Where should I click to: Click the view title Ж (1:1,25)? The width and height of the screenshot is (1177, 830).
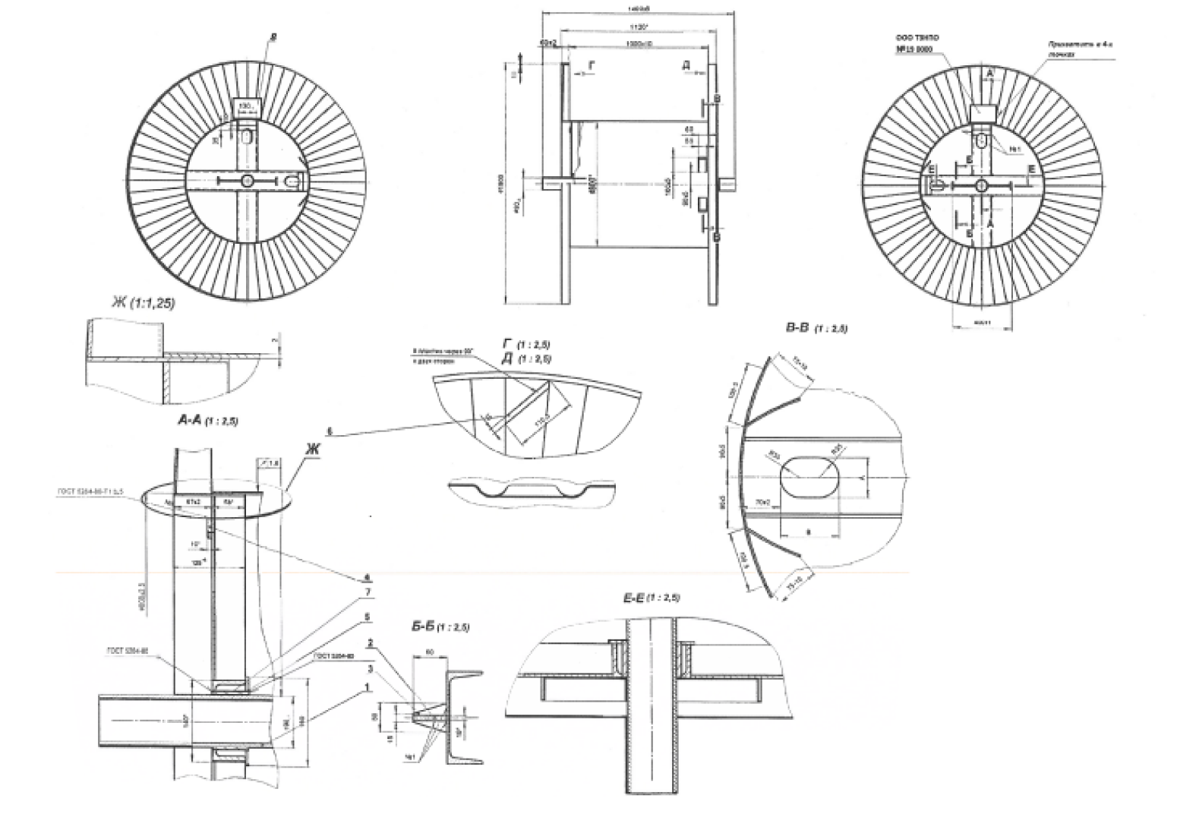pos(143,303)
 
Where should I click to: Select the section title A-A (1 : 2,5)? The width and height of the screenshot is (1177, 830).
pos(207,419)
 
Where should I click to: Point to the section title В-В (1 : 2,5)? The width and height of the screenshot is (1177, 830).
pos(816,328)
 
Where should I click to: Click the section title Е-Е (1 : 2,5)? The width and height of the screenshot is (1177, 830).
pos(651,598)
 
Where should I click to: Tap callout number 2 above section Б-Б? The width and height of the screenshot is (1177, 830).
pos(369,643)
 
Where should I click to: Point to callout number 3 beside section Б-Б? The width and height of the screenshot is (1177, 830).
pos(370,669)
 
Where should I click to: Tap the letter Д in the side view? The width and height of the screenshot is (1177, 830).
pos(686,68)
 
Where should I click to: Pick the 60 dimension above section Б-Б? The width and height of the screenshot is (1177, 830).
pos(430,652)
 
